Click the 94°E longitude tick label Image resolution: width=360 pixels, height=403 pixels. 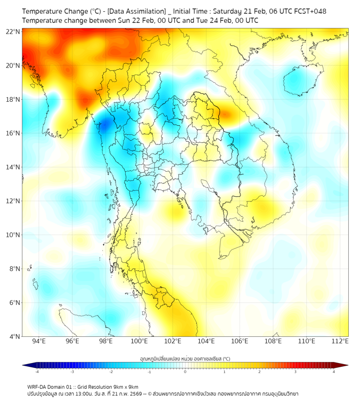(39, 341)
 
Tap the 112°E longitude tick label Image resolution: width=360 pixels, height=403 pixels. (340, 341)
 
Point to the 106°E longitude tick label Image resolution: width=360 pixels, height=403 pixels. (240, 341)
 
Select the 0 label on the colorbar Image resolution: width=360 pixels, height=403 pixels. (185, 372)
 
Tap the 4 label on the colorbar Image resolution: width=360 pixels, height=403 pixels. (333, 372)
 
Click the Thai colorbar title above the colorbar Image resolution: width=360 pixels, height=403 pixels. (185, 359)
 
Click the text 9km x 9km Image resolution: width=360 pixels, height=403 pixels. (126, 387)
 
